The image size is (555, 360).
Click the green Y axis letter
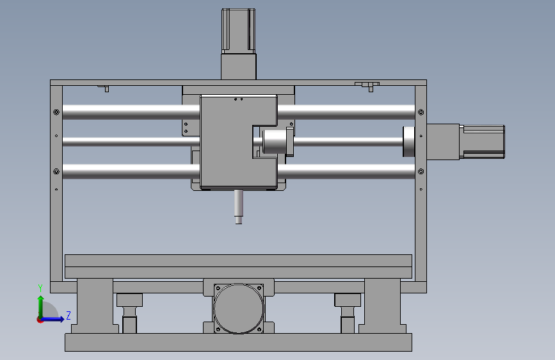[40, 288]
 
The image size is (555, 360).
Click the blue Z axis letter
[68, 315]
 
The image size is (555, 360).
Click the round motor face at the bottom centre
[239, 308]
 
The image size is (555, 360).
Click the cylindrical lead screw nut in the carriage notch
[275, 142]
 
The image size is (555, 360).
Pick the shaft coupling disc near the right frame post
[409, 142]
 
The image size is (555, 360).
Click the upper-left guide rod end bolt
[56, 112]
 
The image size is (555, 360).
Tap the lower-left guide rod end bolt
[56, 172]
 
